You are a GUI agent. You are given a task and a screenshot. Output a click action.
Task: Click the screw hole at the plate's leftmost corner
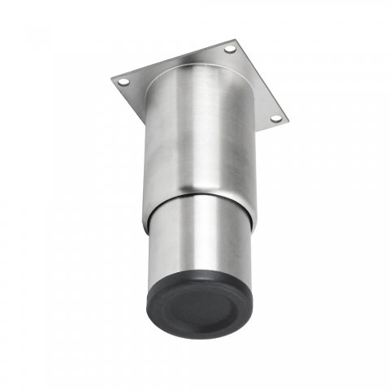123,82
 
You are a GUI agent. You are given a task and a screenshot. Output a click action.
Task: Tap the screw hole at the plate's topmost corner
229,50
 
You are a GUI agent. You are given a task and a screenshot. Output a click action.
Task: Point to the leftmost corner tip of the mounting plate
112,78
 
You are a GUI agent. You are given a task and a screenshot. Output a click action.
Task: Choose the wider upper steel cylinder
203,138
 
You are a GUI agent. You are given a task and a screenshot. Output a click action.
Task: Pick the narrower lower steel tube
199,240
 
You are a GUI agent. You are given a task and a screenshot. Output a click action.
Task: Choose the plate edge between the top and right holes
258,81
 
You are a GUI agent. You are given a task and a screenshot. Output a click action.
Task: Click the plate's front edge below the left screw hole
126,96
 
